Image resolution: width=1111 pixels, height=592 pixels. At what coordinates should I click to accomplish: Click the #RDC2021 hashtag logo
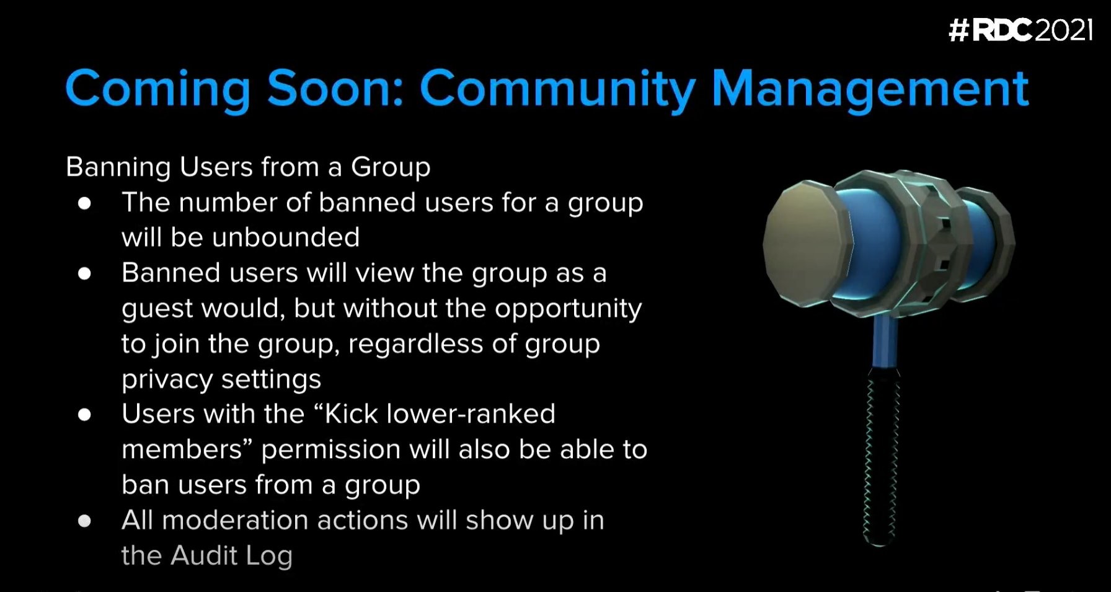click(1020, 30)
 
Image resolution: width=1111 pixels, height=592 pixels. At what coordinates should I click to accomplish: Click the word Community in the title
click(557, 90)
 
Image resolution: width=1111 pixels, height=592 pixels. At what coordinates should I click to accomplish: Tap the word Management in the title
click(870, 90)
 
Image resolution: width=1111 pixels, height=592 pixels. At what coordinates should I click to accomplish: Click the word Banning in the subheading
click(118, 167)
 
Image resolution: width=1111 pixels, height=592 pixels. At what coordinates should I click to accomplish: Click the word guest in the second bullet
click(157, 309)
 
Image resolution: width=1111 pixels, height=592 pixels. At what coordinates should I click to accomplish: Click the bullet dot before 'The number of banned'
click(85, 203)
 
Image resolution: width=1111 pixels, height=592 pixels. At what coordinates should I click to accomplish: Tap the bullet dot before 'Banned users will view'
click(85, 273)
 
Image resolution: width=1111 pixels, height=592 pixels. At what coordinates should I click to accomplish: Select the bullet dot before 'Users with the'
click(85, 415)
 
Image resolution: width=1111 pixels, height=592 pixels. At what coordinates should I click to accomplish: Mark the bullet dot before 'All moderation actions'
click(85, 521)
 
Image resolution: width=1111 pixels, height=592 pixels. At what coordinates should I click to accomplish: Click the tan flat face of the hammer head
click(806, 244)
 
